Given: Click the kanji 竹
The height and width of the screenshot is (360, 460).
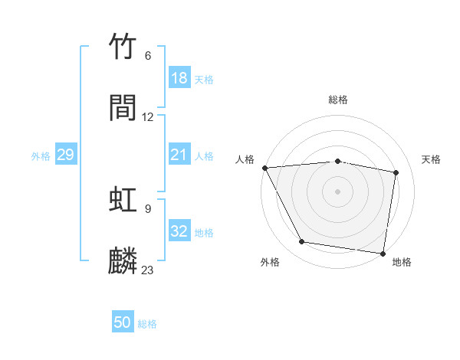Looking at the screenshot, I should (x=123, y=48).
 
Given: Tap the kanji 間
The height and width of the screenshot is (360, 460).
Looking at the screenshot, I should (x=123, y=108).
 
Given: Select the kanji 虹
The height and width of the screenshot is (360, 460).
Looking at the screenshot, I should (x=123, y=200).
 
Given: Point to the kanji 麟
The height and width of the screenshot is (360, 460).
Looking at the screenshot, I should (x=123, y=260).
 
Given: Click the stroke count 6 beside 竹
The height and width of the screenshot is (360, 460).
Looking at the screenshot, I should (x=148, y=56).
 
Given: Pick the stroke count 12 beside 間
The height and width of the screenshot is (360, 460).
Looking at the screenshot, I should (x=148, y=117).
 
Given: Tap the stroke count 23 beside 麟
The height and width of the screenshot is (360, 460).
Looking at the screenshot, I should (x=148, y=270).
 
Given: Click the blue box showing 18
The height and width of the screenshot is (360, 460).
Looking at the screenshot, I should (x=179, y=78).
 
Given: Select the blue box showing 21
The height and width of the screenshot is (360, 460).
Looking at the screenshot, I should (x=179, y=155).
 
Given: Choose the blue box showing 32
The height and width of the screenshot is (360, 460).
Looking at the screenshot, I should (x=179, y=231).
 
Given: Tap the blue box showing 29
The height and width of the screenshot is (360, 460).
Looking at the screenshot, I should (x=65, y=155).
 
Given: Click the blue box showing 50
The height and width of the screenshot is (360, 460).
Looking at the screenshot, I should (x=123, y=322).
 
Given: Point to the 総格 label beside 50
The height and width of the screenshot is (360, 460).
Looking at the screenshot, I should (x=147, y=324).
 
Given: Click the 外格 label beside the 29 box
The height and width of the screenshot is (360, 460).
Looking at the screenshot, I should (x=41, y=156).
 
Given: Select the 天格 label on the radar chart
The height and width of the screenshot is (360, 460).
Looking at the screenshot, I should (x=431, y=159).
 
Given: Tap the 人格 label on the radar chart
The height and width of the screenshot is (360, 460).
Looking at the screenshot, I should (x=245, y=159).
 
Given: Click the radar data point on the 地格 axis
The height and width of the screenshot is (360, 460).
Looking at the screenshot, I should (x=383, y=253).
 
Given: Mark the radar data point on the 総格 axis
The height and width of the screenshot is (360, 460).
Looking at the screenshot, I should (x=338, y=161).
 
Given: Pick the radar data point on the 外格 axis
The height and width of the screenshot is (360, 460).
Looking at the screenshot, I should (x=301, y=242).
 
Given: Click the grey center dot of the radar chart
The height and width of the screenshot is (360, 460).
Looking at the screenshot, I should (x=338, y=191).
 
